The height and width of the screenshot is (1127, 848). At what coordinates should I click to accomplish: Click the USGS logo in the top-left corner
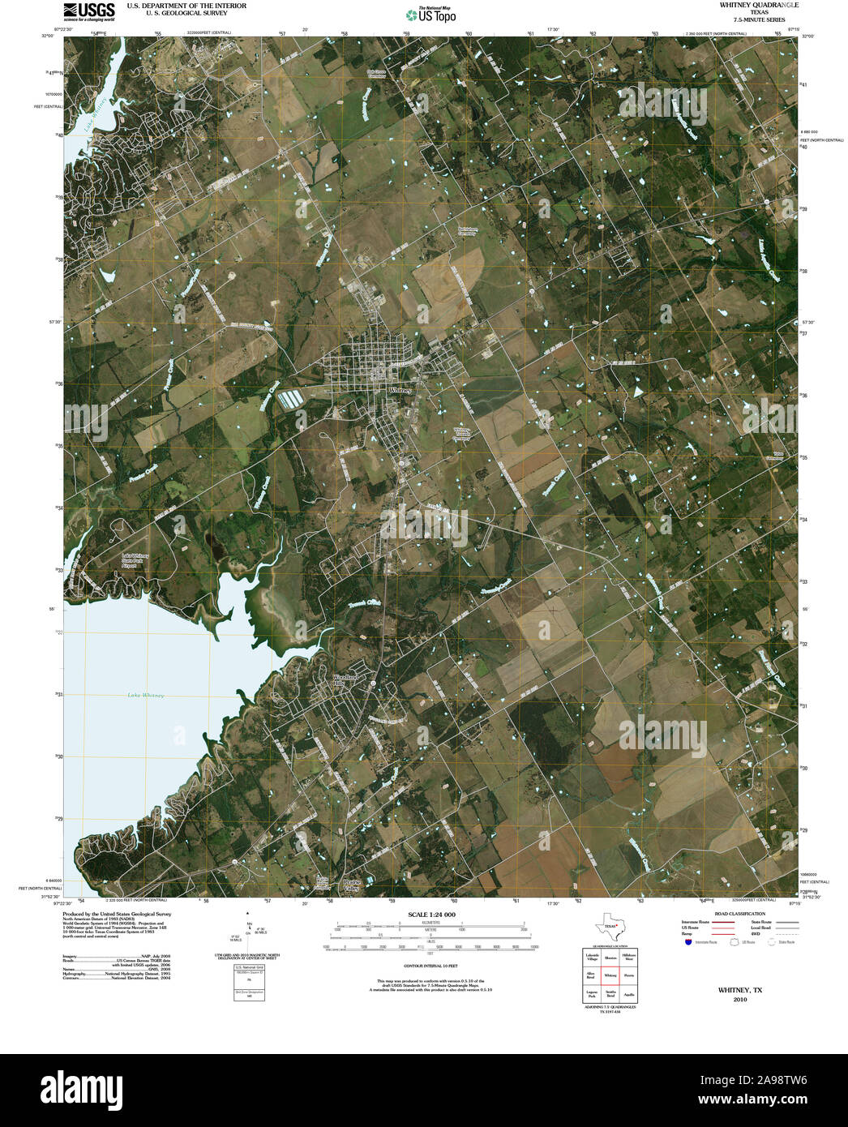89,11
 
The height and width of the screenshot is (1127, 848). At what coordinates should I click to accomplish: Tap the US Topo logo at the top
431,15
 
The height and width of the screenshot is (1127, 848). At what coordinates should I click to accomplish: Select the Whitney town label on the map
400,390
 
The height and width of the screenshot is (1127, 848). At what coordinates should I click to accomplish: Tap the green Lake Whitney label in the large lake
146,696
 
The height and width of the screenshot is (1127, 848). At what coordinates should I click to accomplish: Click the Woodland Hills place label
345,680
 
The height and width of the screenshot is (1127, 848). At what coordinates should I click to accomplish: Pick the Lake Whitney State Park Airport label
135,559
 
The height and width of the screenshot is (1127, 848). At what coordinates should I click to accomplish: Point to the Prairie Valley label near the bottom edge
351,885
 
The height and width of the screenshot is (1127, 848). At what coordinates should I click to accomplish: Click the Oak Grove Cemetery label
375,72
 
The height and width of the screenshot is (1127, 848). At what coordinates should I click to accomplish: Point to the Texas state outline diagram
609,926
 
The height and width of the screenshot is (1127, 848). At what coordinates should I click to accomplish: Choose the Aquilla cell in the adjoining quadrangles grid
629,993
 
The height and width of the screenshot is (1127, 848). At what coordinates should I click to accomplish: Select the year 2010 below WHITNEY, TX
739,1000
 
